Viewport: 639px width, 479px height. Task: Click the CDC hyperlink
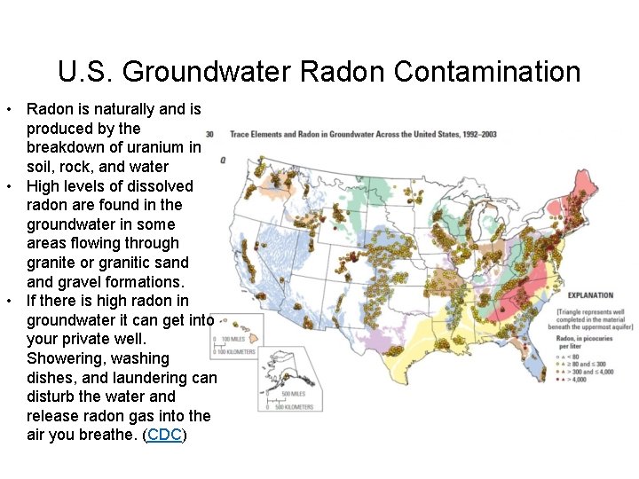point(164,435)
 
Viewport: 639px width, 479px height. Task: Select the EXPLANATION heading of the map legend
point(590,294)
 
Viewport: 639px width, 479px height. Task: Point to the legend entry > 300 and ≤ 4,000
point(588,373)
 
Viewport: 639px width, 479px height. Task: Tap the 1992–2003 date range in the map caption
point(479,135)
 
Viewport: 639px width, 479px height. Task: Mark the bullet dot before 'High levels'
point(8,186)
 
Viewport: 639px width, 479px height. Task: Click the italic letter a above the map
point(223,160)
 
